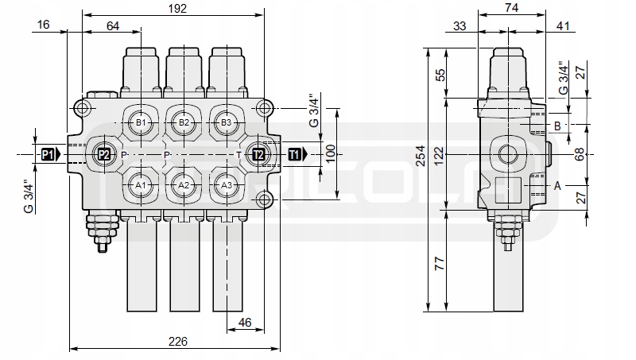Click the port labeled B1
141,122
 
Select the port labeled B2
184,122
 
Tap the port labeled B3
227,122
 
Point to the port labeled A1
141,185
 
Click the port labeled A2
184,185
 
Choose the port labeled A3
227,185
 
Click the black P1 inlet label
51,154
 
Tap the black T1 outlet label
298,154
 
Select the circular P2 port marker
104,154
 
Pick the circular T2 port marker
259,154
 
